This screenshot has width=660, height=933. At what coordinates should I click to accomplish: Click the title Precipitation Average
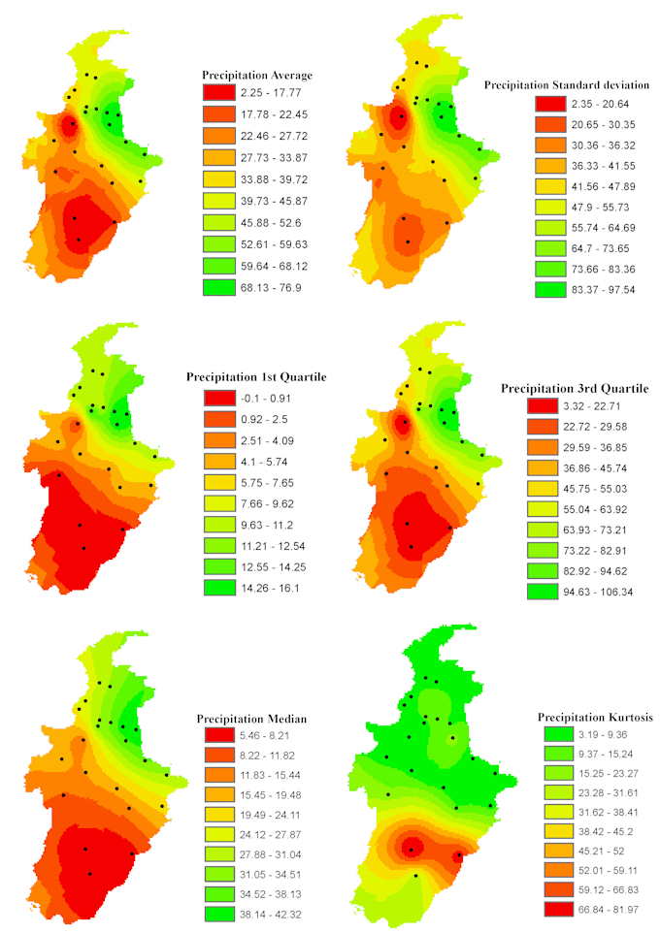click(x=257, y=75)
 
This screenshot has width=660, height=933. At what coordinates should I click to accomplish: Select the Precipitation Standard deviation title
click(x=567, y=85)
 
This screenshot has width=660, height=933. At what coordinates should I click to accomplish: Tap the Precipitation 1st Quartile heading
click(x=256, y=376)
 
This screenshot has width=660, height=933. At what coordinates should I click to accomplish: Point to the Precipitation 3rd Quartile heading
click(x=575, y=389)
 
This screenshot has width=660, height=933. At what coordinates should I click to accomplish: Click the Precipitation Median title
click(x=251, y=719)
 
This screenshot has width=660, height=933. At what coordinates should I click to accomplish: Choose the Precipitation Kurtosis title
click(x=595, y=717)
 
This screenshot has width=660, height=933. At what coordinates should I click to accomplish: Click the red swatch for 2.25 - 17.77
click(x=219, y=92)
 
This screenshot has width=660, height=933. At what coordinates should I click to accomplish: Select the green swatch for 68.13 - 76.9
click(x=219, y=287)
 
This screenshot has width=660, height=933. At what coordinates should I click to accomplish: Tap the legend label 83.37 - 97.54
click(x=604, y=290)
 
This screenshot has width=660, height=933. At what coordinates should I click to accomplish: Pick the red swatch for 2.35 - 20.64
click(x=550, y=104)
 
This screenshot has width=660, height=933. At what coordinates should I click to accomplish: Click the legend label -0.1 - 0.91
click(x=266, y=398)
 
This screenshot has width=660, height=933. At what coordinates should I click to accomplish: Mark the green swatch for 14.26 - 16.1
click(x=219, y=588)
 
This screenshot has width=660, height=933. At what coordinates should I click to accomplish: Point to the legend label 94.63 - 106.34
click(x=598, y=592)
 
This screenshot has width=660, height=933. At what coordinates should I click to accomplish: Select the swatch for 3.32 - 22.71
click(x=543, y=405)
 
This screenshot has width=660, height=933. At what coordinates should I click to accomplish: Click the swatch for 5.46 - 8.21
click(x=219, y=735)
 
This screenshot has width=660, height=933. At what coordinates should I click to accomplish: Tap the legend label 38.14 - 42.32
click(x=271, y=914)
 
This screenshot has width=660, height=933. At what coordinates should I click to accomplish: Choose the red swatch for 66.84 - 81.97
click(x=559, y=909)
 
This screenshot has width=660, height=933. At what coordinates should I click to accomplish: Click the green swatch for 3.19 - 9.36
click(x=559, y=734)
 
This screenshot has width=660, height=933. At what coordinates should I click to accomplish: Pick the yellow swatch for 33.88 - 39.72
click(x=219, y=179)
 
